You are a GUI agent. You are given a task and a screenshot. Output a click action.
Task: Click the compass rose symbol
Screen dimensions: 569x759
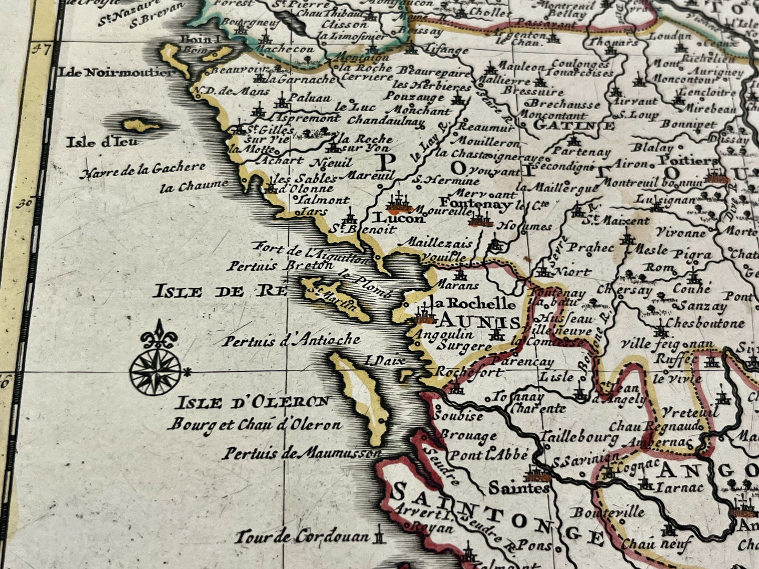pyautogui.click(x=157, y=371)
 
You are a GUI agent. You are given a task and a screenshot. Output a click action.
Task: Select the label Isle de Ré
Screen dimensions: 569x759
pyautogui.click(x=220, y=291)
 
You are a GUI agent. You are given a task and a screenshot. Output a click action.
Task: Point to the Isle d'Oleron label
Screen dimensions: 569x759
pyautogui.click(x=253, y=403)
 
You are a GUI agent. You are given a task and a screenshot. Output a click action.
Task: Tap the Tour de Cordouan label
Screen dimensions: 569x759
pyautogui.click(x=302, y=537)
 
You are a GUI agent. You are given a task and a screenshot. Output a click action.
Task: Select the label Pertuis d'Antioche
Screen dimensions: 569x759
pyautogui.click(x=290, y=341)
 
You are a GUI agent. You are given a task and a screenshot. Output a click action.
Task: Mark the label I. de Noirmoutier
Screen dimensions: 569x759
pyautogui.click(x=116, y=72)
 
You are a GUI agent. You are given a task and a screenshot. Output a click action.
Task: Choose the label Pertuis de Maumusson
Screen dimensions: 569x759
pyautogui.click(x=301, y=452)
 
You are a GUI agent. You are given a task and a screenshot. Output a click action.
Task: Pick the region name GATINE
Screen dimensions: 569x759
pyautogui.click(x=574, y=125)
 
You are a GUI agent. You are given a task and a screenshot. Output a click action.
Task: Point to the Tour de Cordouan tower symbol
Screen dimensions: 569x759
pyautogui.click(x=379, y=537)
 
